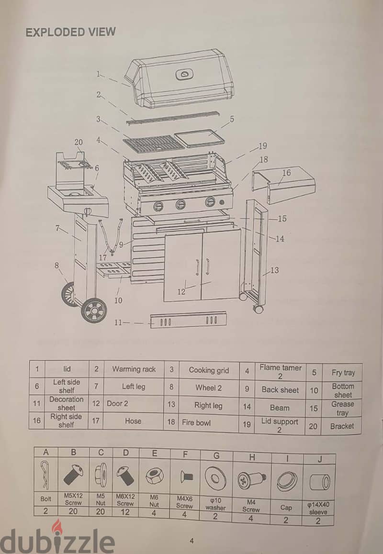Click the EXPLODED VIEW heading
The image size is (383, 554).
click(x=70, y=32)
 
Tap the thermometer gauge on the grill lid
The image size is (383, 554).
click(x=185, y=74)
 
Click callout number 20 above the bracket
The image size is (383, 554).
click(x=79, y=142)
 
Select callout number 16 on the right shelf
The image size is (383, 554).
click(x=286, y=173)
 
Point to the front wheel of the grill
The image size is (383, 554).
click(x=94, y=310)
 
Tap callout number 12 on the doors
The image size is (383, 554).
click(x=181, y=292)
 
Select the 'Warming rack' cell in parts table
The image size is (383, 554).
click(x=134, y=369)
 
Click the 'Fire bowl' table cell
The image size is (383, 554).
click(x=196, y=422)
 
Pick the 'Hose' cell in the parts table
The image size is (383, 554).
click(x=133, y=421)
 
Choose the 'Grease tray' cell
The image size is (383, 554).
click(x=342, y=409)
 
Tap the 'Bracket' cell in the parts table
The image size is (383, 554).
click(x=342, y=426)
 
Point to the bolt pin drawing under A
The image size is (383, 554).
click(x=45, y=475)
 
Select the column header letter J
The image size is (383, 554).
click(x=319, y=459)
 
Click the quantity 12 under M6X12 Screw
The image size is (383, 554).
click(x=125, y=512)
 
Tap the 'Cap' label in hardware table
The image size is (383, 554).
click(x=286, y=508)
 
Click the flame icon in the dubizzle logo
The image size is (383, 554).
click(x=56, y=526)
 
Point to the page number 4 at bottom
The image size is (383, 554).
click(x=191, y=541)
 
